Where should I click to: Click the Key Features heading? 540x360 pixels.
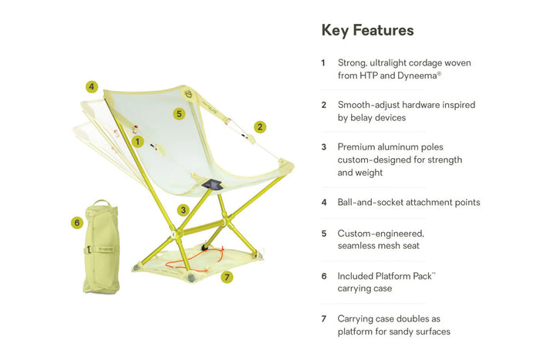pyautogui.click(x=367, y=30)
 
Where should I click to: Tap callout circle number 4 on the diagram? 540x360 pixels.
pyautogui.click(x=92, y=86)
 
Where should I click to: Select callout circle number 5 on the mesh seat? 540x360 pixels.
pyautogui.click(x=179, y=113)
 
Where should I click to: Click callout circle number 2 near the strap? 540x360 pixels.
pyautogui.click(x=260, y=127)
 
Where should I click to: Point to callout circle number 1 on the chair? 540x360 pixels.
pyautogui.click(x=138, y=141)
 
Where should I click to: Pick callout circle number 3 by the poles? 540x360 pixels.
pyautogui.click(x=184, y=210)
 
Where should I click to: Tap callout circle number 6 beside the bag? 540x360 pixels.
pyautogui.click(x=77, y=223)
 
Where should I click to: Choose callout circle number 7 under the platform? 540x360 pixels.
pyautogui.click(x=227, y=277)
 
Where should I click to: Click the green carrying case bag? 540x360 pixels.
pyautogui.click(x=101, y=247)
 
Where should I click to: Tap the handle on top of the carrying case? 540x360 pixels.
pyautogui.click(x=102, y=202)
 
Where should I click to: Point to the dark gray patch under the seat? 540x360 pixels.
pyautogui.click(x=212, y=184)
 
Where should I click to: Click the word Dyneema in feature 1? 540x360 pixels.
pyautogui.click(x=417, y=76)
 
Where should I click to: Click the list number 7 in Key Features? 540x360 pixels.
pyautogui.click(x=324, y=318)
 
